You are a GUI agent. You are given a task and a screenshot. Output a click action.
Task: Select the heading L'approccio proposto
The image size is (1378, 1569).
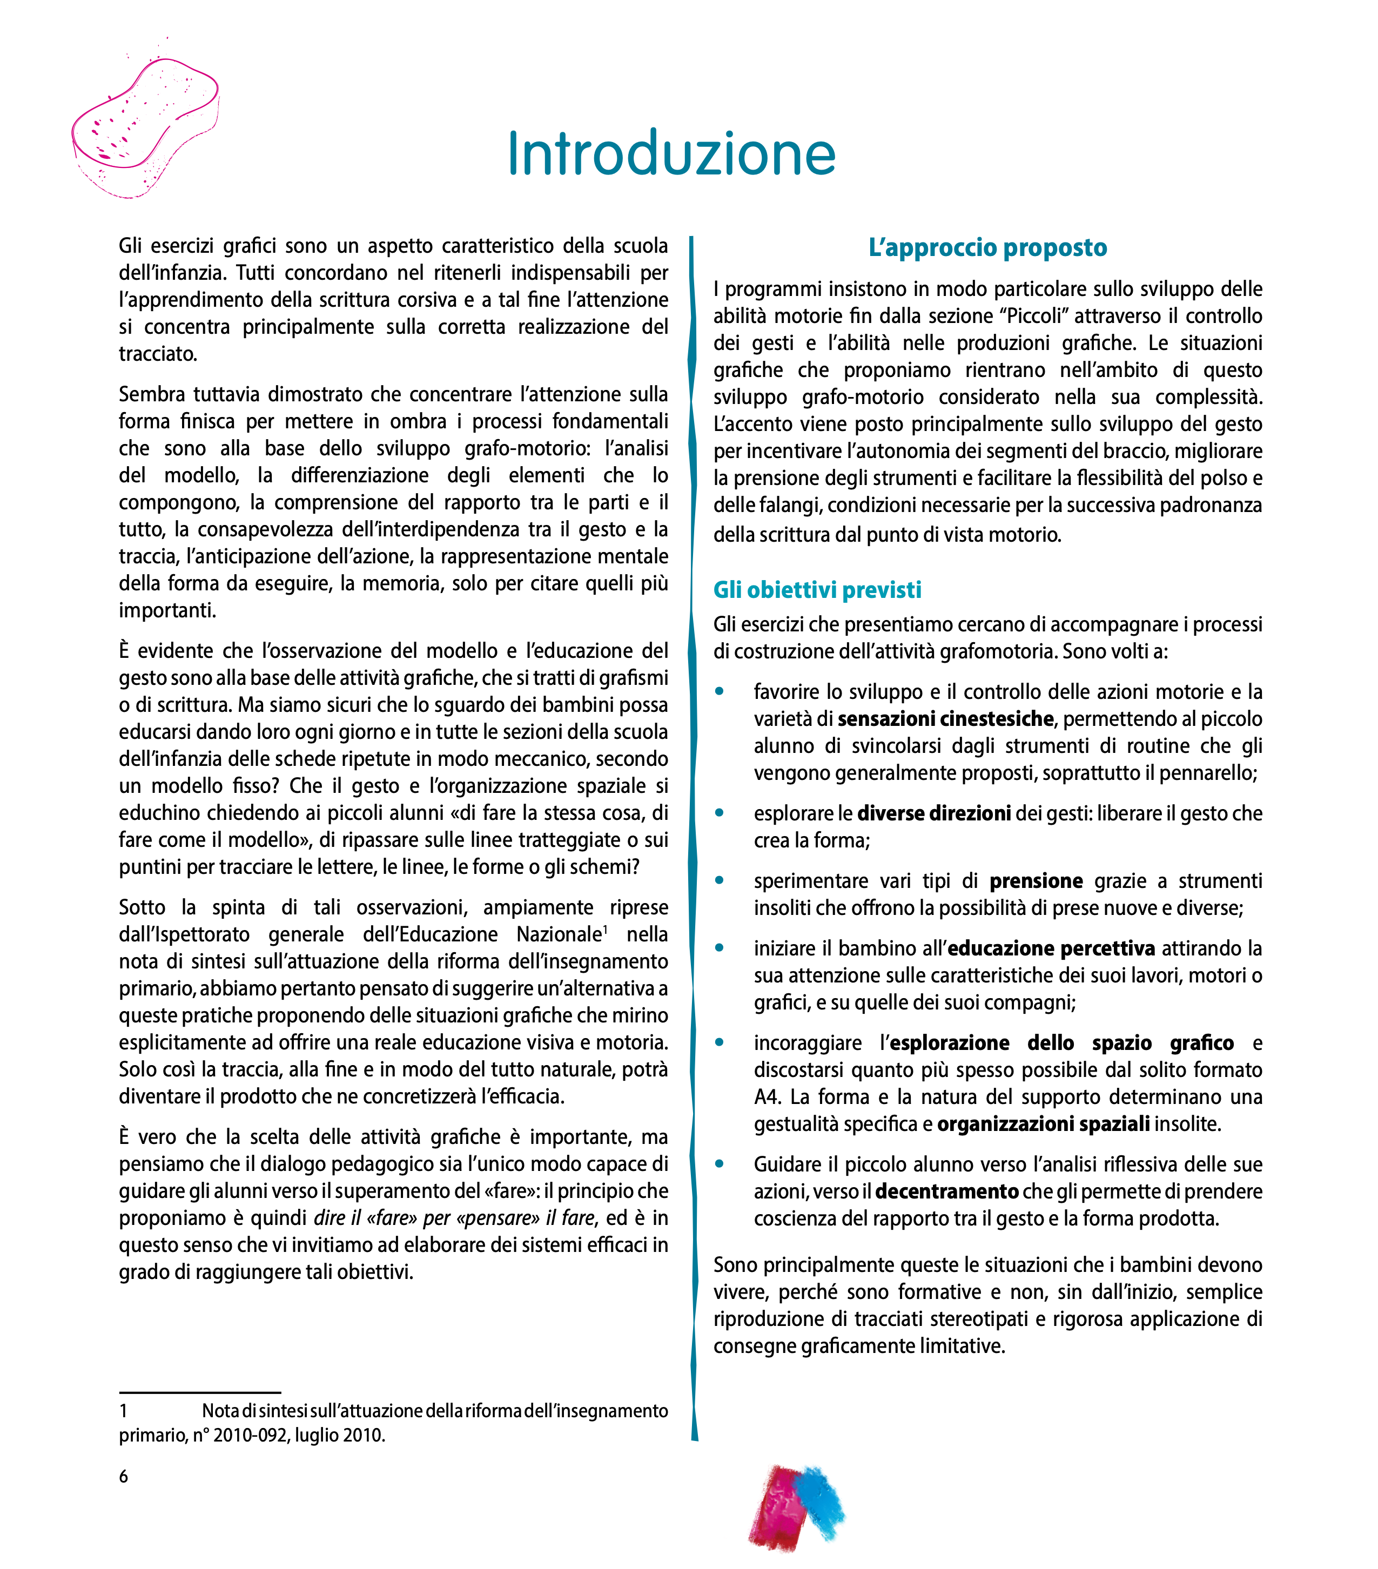[x=987, y=247]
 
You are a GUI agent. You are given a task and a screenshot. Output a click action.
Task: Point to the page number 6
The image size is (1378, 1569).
[x=124, y=1476]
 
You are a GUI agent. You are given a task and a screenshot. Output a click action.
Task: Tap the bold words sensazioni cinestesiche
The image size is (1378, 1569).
[x=945, y=718]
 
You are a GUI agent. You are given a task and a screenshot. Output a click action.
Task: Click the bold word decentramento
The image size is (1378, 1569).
[x=946, y=1191]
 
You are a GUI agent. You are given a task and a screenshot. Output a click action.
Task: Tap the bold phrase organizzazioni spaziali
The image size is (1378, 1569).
[x=1043, y=1124]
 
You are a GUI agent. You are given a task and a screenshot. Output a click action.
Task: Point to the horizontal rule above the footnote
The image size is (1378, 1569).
[x=200, y=1392]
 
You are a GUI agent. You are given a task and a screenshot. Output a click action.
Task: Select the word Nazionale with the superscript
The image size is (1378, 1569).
[x=559, y=934]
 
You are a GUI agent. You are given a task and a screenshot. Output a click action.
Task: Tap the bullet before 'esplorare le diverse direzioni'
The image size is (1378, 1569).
[x=720, y=812]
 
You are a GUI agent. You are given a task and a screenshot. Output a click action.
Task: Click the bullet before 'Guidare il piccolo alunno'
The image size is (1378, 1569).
[x=720, y=1164]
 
